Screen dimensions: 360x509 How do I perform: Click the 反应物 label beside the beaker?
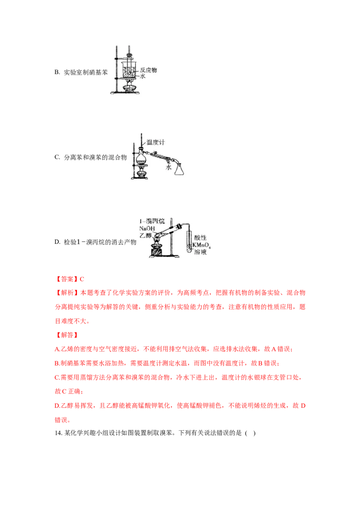[x=148, y=70]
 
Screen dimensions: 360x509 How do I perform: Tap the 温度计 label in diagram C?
[x=155, y=142]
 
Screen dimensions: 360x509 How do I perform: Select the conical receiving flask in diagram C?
[x=179, y=169]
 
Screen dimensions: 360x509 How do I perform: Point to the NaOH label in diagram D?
[x=147, y=228]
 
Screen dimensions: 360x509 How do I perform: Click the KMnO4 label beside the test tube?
[x=202, y=245]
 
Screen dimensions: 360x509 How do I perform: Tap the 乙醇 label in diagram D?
[x=145, y=235]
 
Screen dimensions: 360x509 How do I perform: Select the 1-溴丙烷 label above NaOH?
[x=152, y=221]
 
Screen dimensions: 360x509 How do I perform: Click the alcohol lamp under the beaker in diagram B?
[x=129, y=88]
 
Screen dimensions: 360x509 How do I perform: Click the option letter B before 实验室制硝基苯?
[x=57, y=72]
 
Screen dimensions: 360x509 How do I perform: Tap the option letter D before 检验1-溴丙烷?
[x=57, y=242]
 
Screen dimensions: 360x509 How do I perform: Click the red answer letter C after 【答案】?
[x=82, y=279]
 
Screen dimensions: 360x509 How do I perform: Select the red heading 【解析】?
[x=67, y=293]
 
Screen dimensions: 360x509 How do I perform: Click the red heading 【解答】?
[x=67, y=335]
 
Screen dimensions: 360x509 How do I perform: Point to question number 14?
[x=58, y=433]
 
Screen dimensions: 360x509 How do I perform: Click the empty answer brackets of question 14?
[x=250, y=433]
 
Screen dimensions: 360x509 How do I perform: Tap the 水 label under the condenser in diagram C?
[x=168, y=168]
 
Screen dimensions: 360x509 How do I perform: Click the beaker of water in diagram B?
[x=130, y=70]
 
